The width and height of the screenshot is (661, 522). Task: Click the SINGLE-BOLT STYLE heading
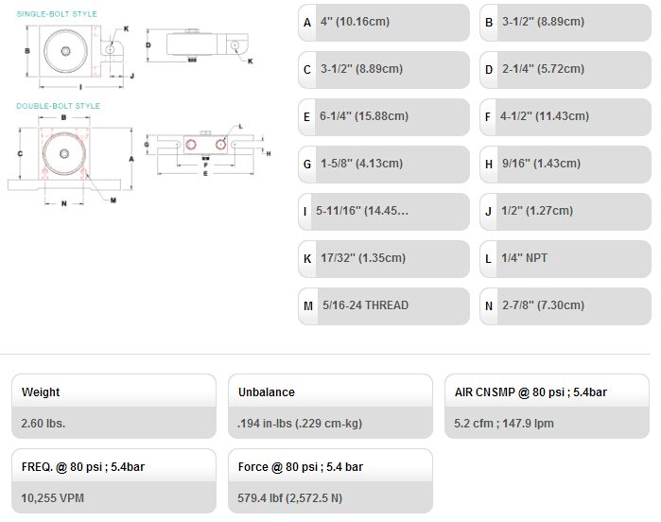pyautogui.click(x=57, y=14)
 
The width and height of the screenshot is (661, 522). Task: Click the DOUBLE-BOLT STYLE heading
pyautogui.click(x=59, y=106)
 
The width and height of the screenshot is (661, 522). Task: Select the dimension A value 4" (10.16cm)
pyautogui.click(x=355, y=22)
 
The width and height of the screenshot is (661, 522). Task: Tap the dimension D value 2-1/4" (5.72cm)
pyautogui.click(x=543, y=69)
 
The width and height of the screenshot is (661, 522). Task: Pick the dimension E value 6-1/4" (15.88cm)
pyautogui.click(x=364, y=116)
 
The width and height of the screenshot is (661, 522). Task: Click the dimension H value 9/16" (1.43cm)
pyautogui.click(x=541, y=164)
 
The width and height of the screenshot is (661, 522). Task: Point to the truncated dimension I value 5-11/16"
pyautogui.click(x=362, y=210)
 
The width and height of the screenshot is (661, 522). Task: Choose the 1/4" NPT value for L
pyautogui.click(x=524, y=257)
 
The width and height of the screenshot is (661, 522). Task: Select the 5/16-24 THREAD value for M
pyautogui.click(x=366, y=304)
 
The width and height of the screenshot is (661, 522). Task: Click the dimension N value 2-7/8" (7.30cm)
pyautogui.click(x=543, y=304)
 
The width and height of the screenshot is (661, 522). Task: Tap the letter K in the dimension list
pyautogui.click(x=307, y=258)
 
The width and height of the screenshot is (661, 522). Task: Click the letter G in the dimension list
pyautogui.click(x=307, y=164)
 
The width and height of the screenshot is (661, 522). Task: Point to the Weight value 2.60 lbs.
pyautogui.click(x=43, y=423)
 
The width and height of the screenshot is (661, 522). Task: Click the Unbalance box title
pyautogui.click(x=267, y=392)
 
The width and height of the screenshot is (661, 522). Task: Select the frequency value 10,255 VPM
pyautogui.click(x=52, y=498)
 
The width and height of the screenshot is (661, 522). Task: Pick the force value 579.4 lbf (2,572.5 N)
pyautogui.click(x=289, y=498)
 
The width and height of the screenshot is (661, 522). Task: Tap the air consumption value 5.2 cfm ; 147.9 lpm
pyautogui.click(x=504, y=423)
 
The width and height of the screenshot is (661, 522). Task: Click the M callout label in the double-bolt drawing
pyautogui.click(x=113, y=200)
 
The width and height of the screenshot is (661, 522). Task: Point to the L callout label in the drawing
pyautogui.click(x=241, y=126)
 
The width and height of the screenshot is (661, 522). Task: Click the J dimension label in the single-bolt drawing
pyautogui.click(x=132, y=76)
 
